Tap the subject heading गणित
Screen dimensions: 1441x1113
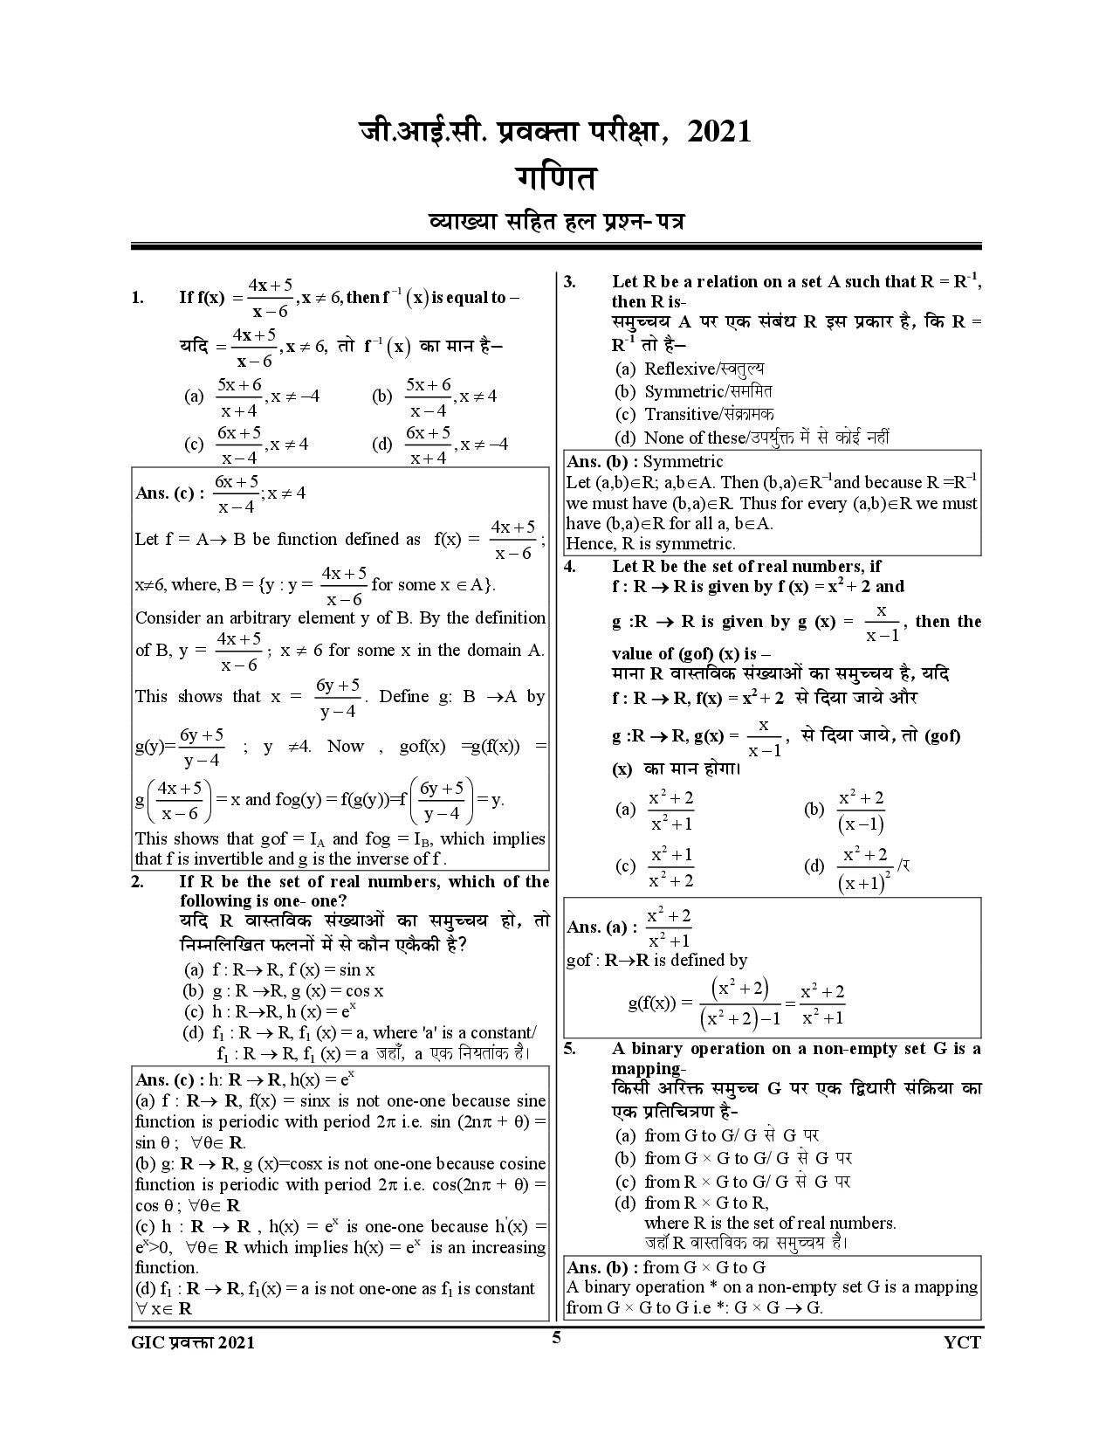pos(555,178)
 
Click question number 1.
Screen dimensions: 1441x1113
pos(138,298)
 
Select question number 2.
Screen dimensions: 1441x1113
pos(137,881)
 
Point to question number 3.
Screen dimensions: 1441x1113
pos(569,281)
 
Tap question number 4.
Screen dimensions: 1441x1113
pos(569,566)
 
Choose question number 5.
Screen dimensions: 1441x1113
pos(569,1049)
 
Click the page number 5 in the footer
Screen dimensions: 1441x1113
pos(556,1337)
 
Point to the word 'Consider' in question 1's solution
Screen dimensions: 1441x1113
pos(168,618)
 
